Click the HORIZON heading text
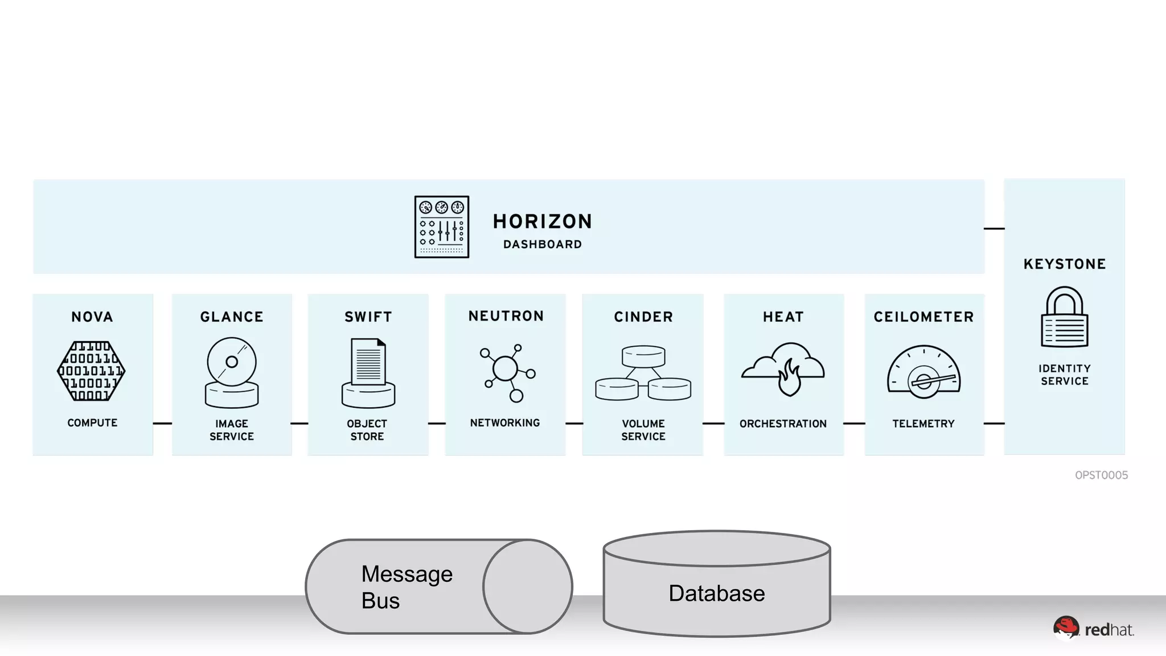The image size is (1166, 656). (x=542, y=221)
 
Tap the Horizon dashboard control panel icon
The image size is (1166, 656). (x=442, y=227)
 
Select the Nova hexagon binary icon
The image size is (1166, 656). (x=92, y=371)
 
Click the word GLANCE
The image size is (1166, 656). (x=232, y=317)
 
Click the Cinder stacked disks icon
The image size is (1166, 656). (x=643, y=373)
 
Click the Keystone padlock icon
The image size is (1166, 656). (x=1064, y=317)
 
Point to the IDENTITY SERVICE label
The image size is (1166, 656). (x=1065, y=375)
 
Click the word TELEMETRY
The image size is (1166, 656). (x=923, y=424)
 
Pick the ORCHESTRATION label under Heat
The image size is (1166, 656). (x=783, y=424)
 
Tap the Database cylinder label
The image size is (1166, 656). (x=717, y=593)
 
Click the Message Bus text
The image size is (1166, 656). (x=407, y=587)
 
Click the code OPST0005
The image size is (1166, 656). (x=1101, y=475)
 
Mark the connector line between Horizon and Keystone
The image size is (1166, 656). (x=994, y=228)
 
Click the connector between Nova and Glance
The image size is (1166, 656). (x=162, y=423)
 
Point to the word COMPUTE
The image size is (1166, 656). (x=92, y=423)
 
